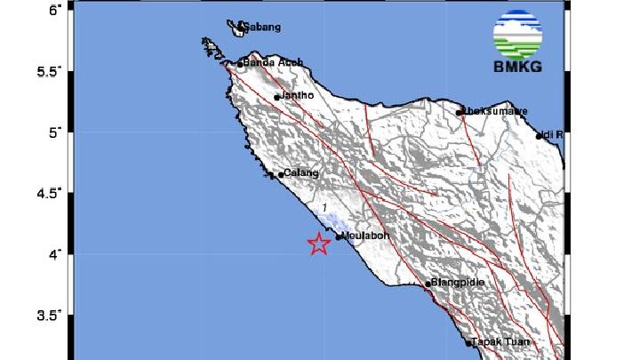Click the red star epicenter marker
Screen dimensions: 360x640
[x=319, y=244]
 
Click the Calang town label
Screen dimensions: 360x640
[x=300, y=174]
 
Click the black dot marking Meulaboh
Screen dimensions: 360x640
[x=340, y=236]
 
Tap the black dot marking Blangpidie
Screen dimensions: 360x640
[x=428, y=284]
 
